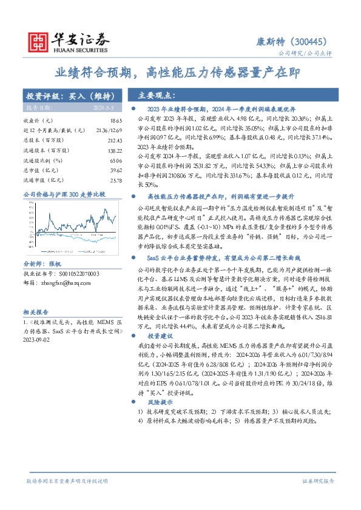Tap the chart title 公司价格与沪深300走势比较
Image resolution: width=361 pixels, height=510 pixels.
[64, 194]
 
